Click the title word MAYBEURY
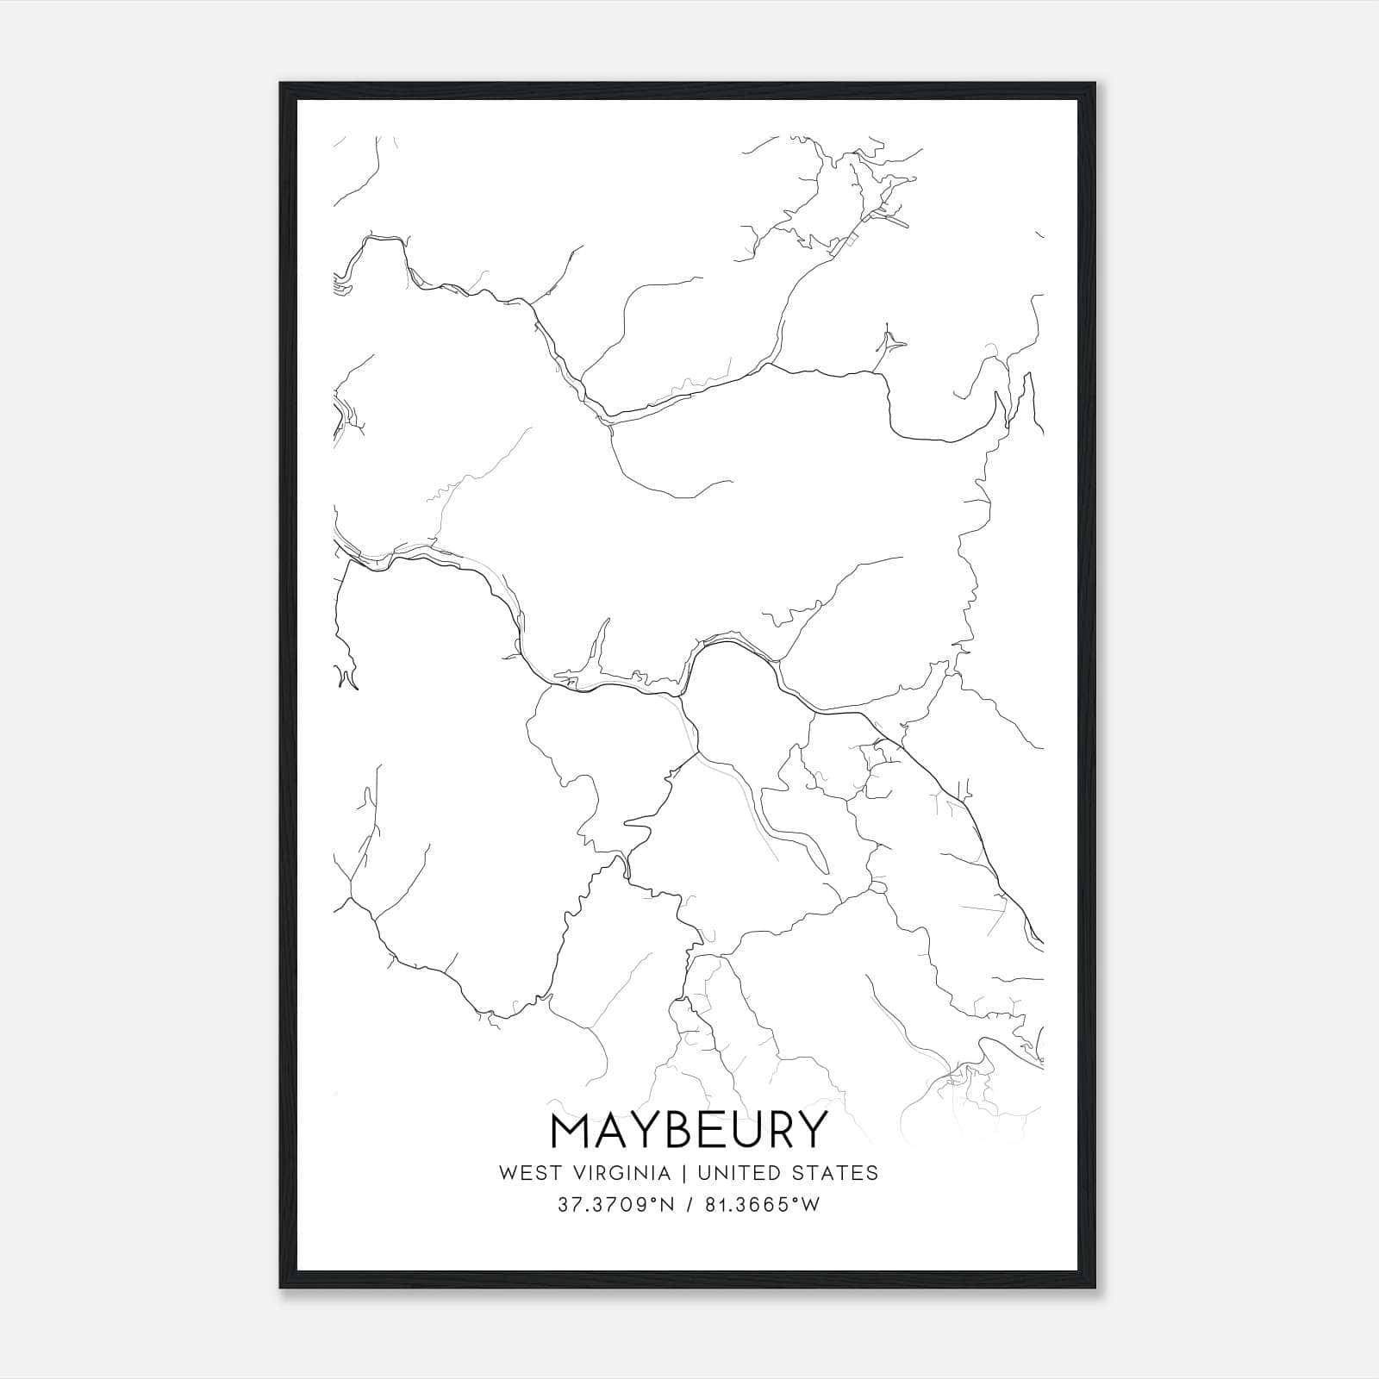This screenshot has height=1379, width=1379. point(688,1130)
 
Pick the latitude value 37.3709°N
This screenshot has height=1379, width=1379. point(609,1205)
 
